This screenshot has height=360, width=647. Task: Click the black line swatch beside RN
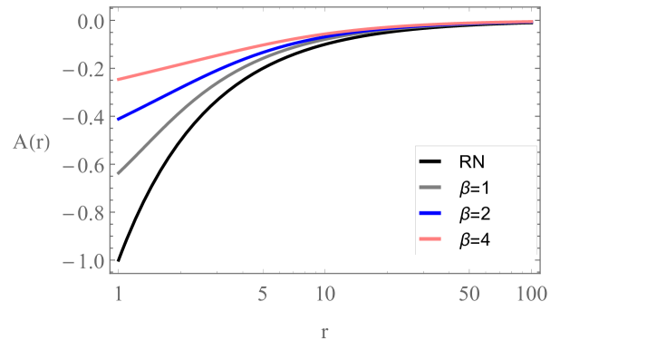tap(430, 163)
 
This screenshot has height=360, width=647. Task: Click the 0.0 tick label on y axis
tap(91, 21)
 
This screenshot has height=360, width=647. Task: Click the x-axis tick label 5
tap(263, 294)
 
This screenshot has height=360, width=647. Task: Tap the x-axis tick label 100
tap(530, 294)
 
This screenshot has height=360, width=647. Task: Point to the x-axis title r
tap(323, 332)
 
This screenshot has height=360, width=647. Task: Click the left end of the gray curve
tap(119, 173)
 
